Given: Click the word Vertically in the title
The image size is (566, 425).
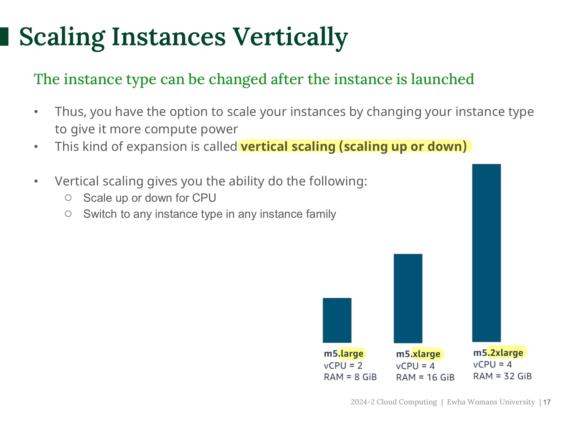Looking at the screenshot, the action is click(290, 37).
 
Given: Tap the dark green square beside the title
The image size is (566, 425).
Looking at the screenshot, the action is click(4, 36).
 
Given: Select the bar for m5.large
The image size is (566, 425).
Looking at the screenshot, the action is click(337, 320).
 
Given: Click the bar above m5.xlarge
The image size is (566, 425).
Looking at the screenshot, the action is click(408, 298).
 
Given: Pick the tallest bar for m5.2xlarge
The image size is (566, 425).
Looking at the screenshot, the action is click(487, 253).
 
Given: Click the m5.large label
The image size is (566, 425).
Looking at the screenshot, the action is click(344, 354).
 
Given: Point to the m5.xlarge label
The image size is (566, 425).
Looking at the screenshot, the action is click(418, 354).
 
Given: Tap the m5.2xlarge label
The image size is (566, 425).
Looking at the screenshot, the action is click(498, 353).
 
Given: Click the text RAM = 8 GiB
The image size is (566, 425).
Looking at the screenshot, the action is click(350, 377).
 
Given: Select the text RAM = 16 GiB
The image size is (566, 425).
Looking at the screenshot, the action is click(425, 377).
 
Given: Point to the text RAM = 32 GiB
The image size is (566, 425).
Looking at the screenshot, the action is click(503, 376).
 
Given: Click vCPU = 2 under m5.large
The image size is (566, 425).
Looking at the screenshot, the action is click(343, 365).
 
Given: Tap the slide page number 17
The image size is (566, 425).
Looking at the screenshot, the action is click(547, 402).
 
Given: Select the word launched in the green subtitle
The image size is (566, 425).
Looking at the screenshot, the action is click(443, 79).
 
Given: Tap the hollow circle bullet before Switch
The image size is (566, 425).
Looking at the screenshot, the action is click(68, 214).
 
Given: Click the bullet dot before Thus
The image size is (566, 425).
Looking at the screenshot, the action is click(36, 112).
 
